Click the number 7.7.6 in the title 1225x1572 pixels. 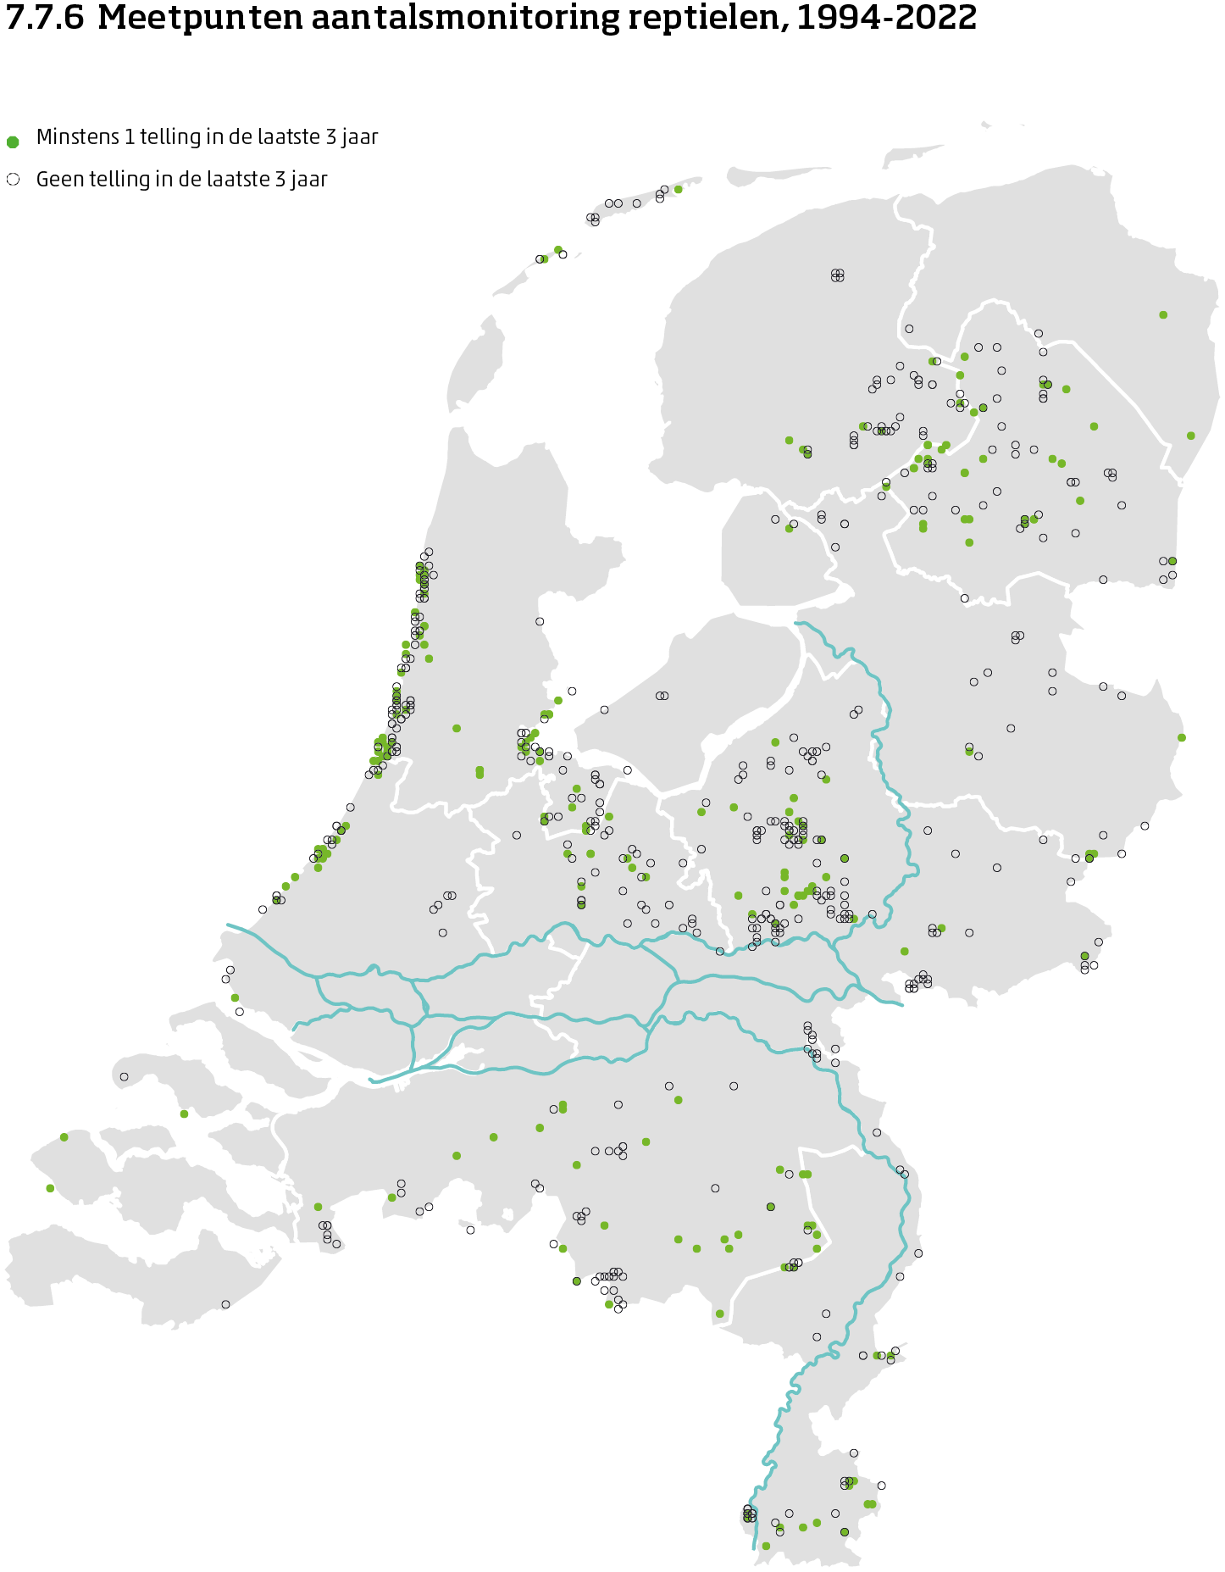[x=45, y=18]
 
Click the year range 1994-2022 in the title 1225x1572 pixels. [x=886, y=18]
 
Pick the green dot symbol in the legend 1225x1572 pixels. [x=13, y=142]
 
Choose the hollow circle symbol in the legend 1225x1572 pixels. [x=13, y=180]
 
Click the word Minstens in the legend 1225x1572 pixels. [x=77, y=137]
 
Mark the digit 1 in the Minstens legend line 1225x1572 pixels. [x=130, y=137]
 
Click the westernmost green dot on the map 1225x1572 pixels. [x=50, y=1188]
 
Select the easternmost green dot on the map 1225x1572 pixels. [x=1191, y=436]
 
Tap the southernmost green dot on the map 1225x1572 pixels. [x=766, y=1546]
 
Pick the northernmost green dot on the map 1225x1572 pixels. [x=678, y=189]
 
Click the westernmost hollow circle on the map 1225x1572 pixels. [x=124, y=1077]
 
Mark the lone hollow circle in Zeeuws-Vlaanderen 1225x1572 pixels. [x=225, y=1304]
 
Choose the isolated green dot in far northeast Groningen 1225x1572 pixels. [x=1163, y=314]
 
